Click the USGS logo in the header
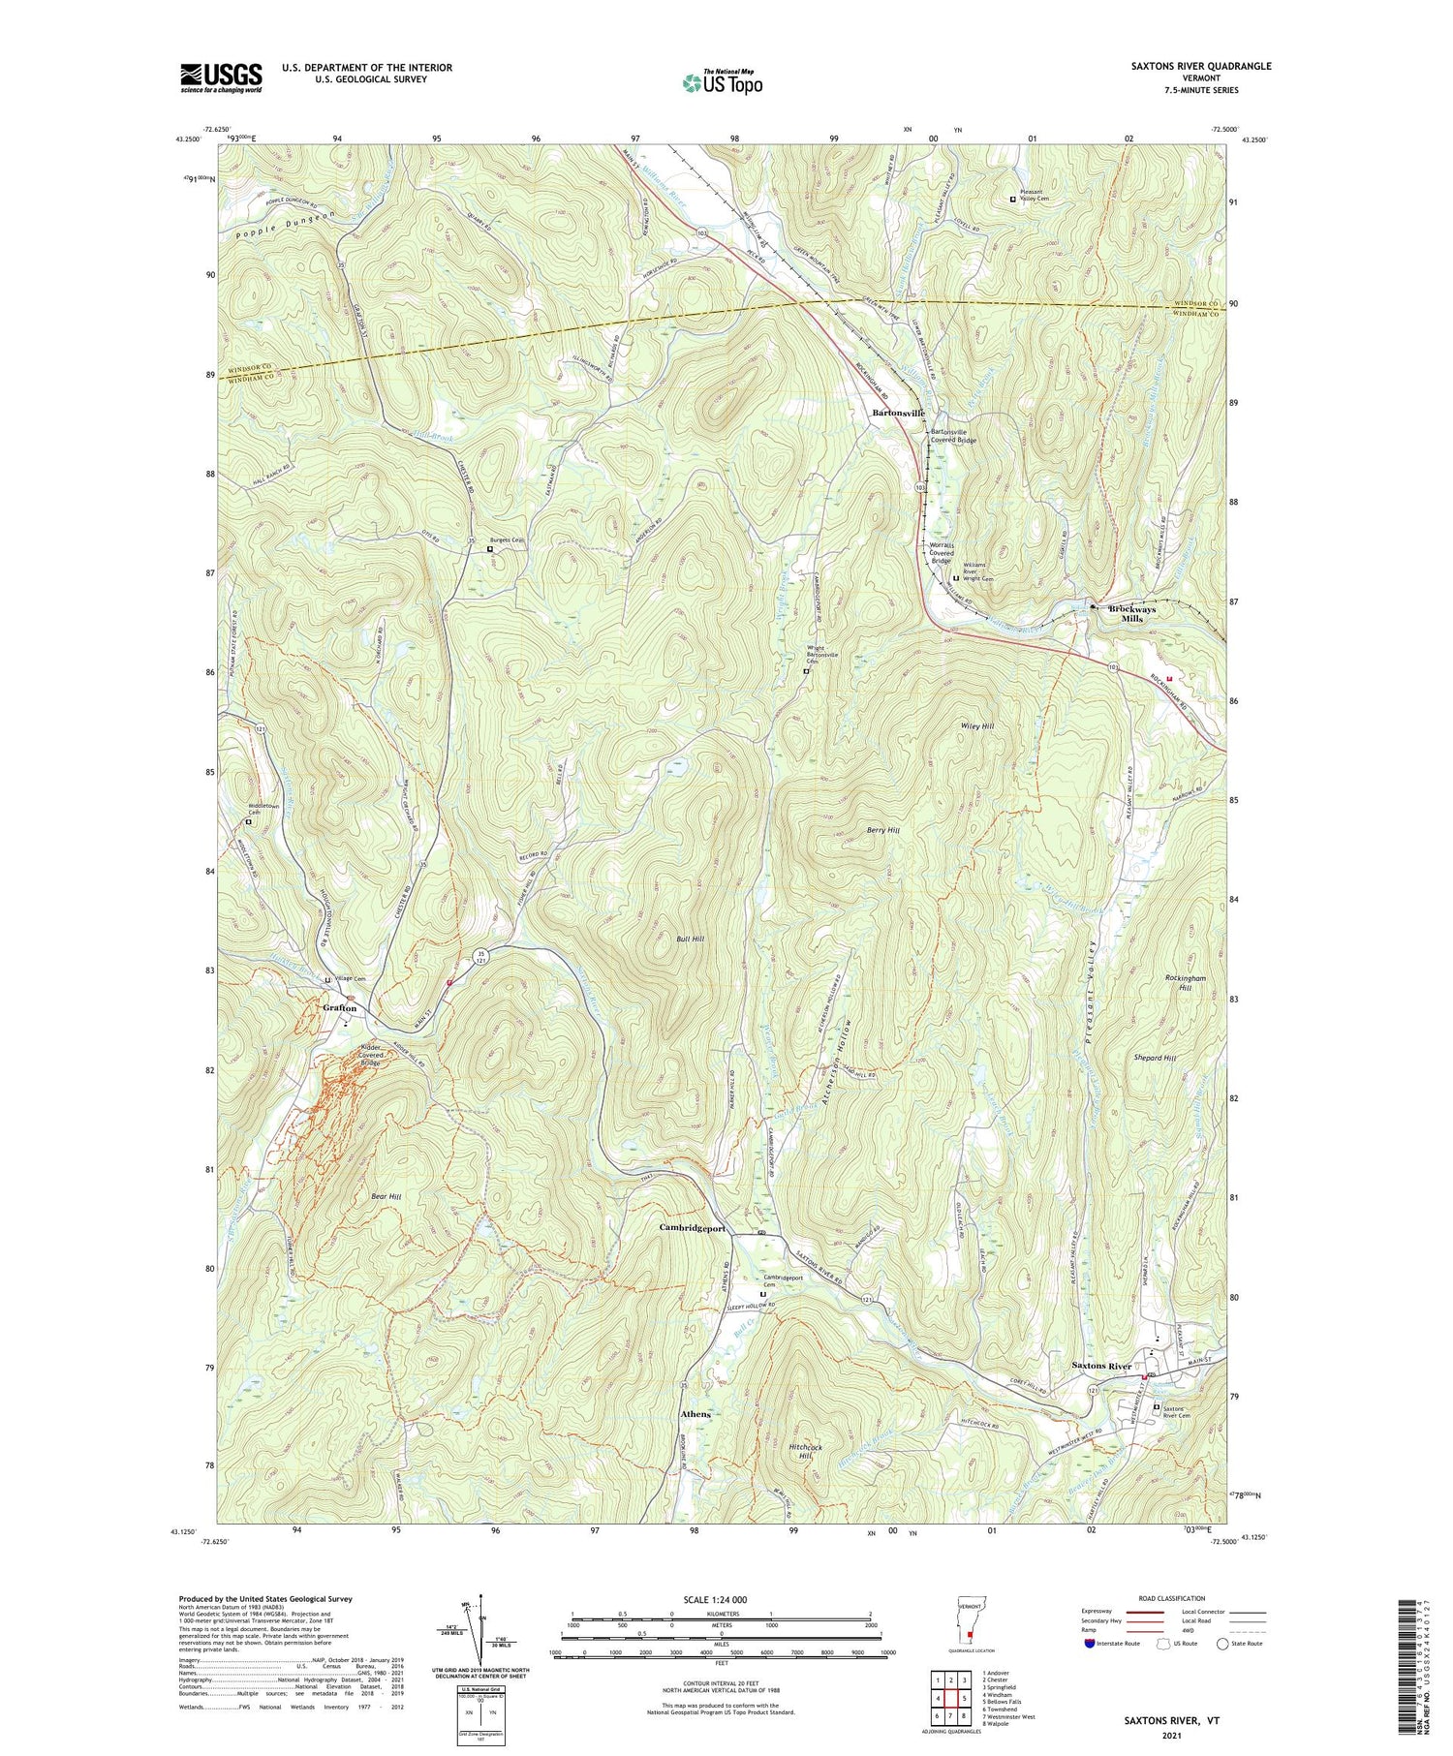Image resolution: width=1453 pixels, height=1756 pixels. (221, 77)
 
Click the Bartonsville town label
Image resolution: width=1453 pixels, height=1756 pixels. (898, 413)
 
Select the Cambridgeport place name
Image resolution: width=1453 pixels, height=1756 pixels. (692, 1228)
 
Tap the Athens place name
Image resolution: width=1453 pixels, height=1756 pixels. (696, 1414)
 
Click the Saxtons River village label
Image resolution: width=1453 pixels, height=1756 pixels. (1101, 1366)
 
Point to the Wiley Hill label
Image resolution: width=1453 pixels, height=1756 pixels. (977, 725)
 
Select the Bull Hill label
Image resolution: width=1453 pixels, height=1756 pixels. (690, 940)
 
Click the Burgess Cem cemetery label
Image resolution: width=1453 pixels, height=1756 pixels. (506, 540)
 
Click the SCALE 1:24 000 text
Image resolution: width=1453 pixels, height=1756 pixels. (717, 1599)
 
